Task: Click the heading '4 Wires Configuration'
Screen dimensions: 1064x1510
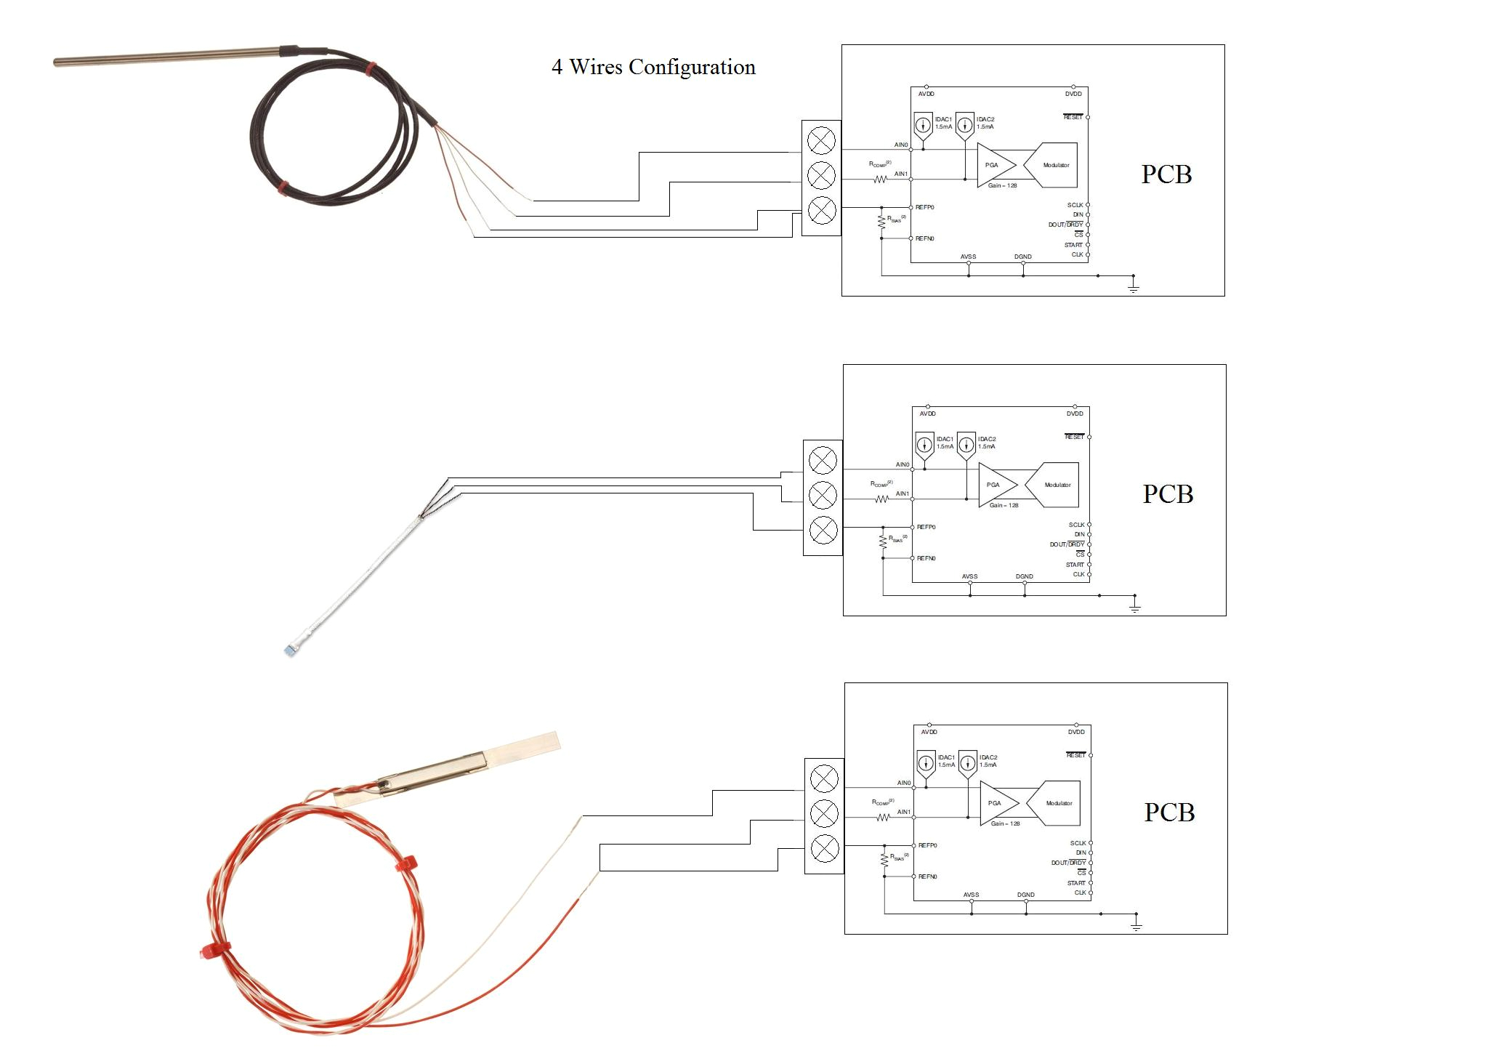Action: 653,67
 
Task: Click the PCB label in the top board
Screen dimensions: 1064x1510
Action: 1166,174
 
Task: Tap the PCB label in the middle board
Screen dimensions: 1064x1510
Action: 1167,494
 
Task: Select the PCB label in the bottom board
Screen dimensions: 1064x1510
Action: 1168,813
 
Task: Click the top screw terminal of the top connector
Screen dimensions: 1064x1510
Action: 821,140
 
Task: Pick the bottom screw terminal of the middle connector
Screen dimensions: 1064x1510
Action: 823,531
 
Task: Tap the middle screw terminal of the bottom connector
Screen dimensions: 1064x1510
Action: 824,814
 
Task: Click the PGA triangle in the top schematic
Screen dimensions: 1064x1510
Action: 994,166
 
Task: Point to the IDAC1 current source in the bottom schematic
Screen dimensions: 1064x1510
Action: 926,764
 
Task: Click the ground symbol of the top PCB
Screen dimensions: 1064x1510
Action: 1133,287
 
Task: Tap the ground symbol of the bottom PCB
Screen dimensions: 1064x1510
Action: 1136,925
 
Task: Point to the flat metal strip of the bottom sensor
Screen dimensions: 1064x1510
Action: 523,746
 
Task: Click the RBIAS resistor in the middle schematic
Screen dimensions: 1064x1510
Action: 883,542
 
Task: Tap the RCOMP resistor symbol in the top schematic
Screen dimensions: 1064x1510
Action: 880,179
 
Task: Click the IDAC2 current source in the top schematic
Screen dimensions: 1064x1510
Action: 964,125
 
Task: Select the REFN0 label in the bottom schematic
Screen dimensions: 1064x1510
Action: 927,876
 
